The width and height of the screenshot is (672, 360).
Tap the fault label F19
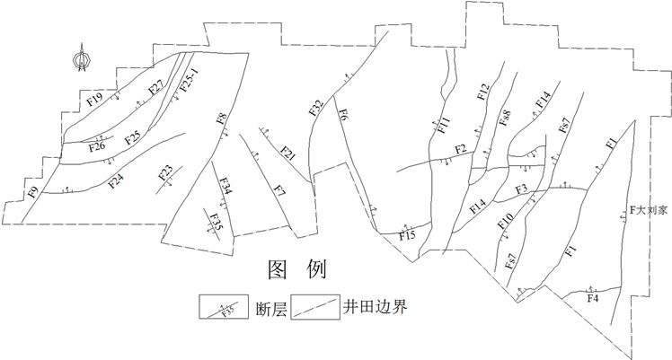pos(94,98)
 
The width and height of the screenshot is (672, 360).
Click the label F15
pos(408,236)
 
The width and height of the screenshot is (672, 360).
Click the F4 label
pos(592,297)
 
